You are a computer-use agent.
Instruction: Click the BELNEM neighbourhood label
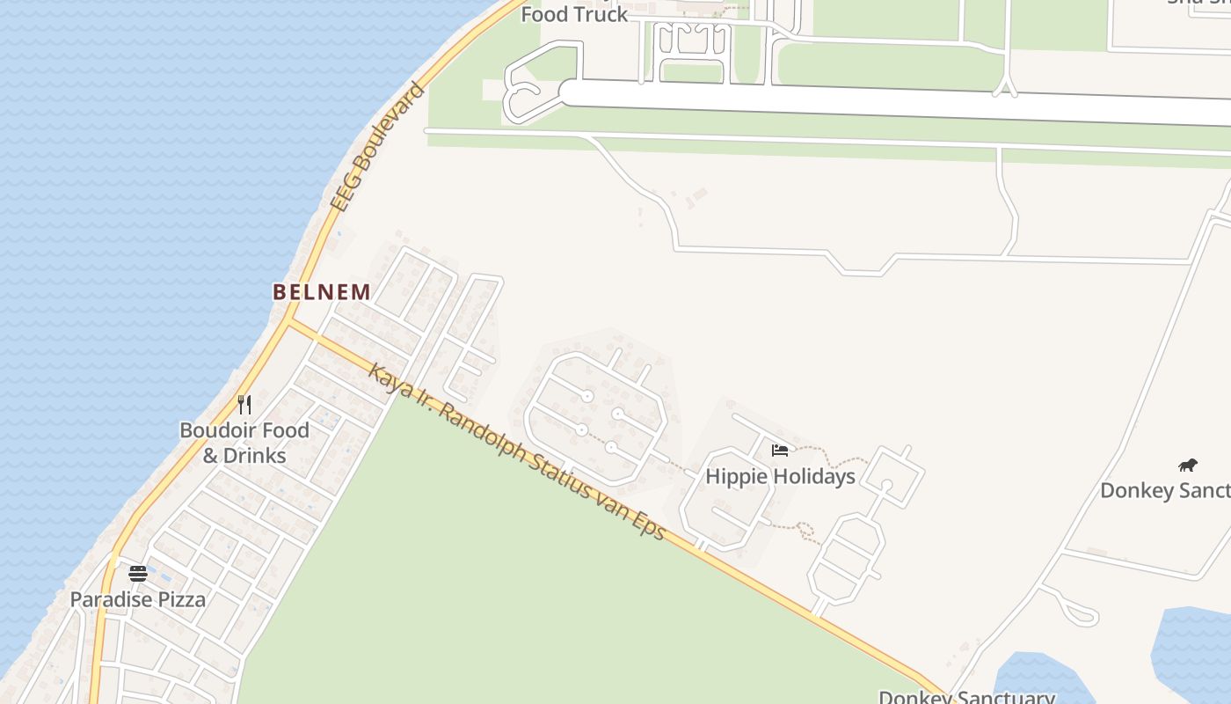pos(321,292)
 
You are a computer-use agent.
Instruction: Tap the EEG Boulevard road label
pos(378,147)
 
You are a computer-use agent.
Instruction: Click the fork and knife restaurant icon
pos(244,405)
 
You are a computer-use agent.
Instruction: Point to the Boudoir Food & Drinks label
pos(244,443)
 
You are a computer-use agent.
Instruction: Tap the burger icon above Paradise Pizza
pos(138,574)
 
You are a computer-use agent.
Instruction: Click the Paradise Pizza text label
pos(138,600)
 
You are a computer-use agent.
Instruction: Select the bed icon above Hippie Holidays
pos(780,451)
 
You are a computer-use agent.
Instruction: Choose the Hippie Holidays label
pos(781,477)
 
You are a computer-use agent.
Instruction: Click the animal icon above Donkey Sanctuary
pos(1187,465)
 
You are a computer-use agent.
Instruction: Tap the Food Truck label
pos(575,14)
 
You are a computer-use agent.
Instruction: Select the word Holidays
pos(811,477)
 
